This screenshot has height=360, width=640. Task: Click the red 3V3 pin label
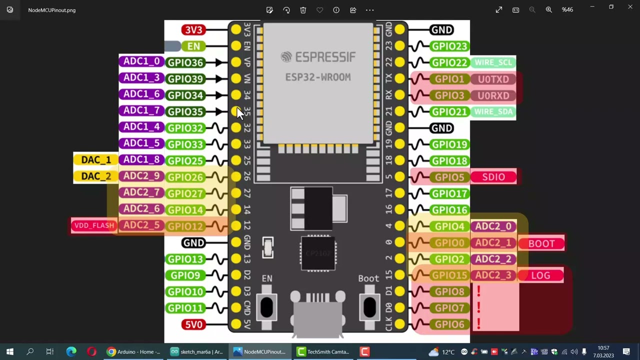193,30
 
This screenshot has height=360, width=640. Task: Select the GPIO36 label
185,62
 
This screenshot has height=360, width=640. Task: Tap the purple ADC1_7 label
141,110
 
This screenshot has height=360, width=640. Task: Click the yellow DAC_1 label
96,160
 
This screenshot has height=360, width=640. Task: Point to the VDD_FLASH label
94,225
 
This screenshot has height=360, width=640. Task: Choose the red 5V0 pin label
193,324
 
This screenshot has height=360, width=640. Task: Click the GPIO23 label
449,46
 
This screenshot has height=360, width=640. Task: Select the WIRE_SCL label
493,62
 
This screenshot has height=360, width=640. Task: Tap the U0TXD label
493,79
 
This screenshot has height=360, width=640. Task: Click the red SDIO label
493,177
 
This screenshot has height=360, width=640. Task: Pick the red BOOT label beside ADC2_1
541,243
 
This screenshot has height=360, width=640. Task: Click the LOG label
540,275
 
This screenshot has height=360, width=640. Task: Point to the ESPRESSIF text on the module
318,57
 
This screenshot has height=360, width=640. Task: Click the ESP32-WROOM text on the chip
318,77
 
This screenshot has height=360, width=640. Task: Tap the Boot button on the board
369,306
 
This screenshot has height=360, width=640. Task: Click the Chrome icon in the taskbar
111,352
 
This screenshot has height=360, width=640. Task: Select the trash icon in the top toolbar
303,10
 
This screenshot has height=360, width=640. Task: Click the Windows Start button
10,352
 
